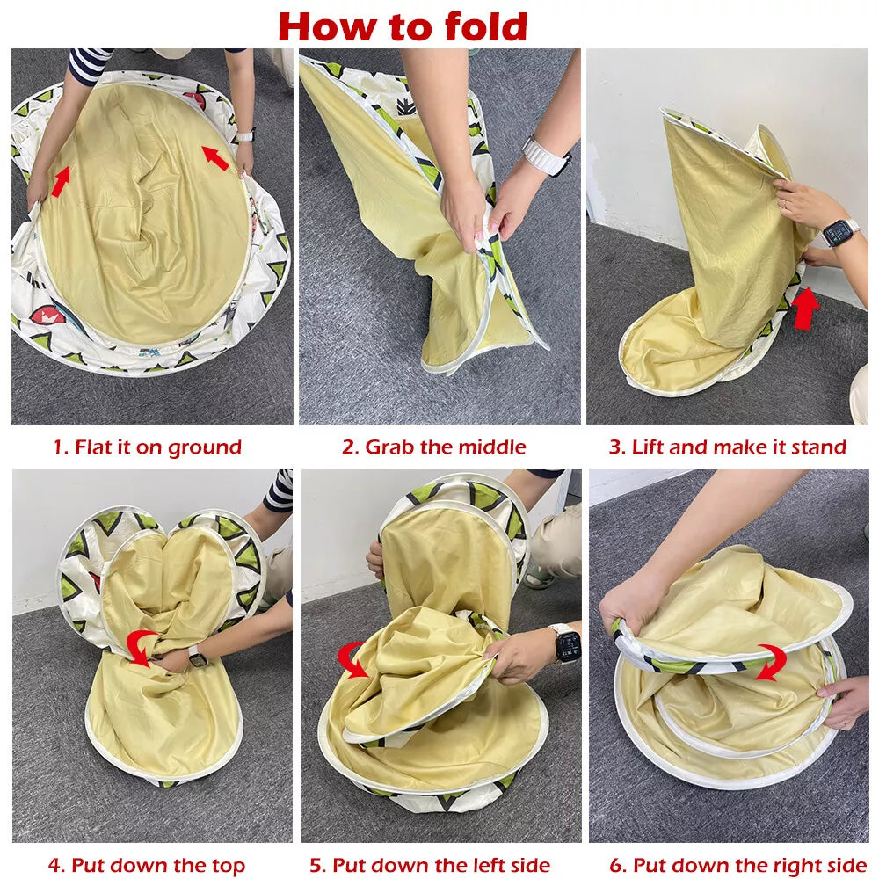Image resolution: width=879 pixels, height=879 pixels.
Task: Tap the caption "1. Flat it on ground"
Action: [x=148, y=447]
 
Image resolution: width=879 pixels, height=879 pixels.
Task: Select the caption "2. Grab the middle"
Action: [x=434, y=447]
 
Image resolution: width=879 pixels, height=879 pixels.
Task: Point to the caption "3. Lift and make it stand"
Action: [x=728, y=447]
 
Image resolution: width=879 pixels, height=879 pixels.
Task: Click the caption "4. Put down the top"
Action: [x=147, y=865]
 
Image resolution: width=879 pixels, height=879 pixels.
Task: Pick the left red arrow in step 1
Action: [x=62, y=180]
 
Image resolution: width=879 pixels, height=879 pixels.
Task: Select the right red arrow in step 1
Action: [x=215, y=157]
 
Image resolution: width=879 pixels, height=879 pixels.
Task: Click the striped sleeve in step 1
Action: [x=89, y=65]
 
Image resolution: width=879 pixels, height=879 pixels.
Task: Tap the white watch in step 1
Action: [x=245, y=135]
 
